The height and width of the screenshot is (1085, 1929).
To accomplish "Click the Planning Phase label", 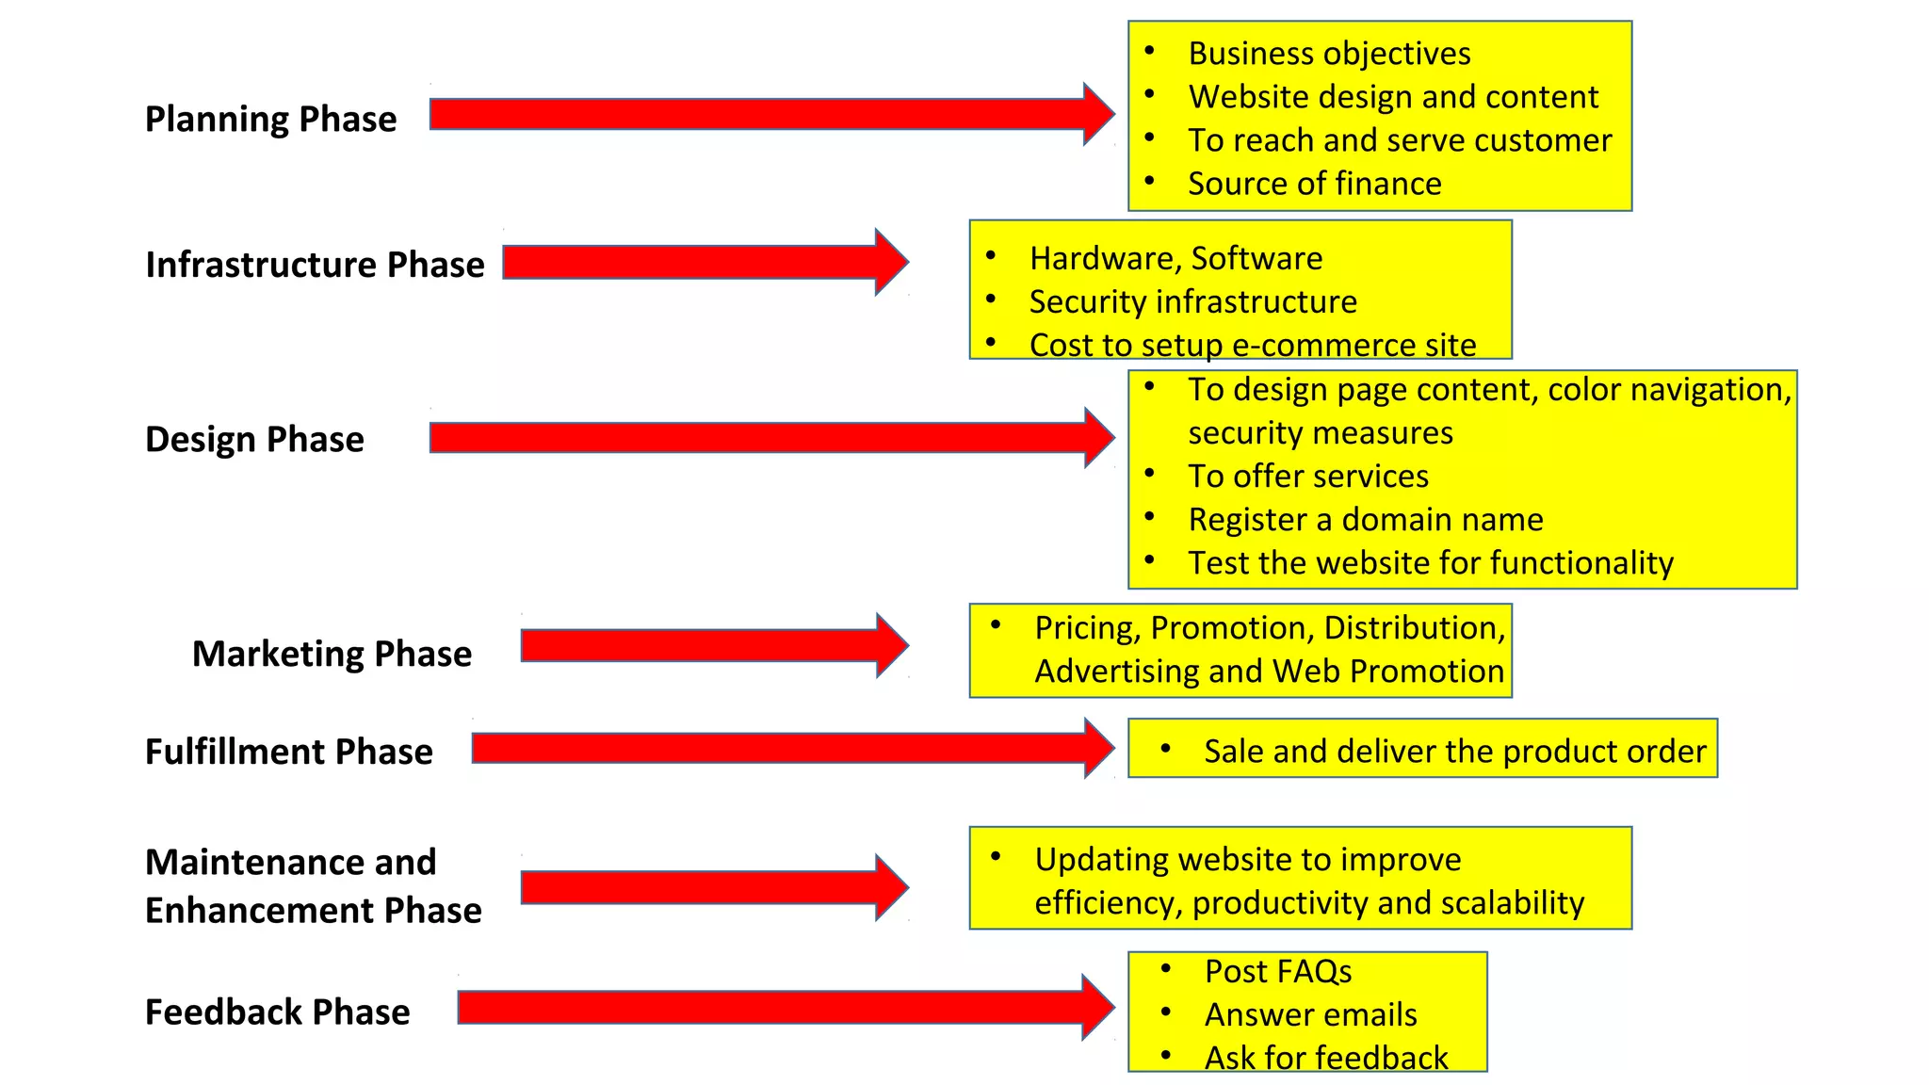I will pyautogui.click(x=270, y=120).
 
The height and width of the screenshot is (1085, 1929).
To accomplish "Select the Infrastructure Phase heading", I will pyautogui.click(x=315, y=265).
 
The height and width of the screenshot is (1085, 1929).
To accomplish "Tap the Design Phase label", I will pyautogui.click(x=254, y=440).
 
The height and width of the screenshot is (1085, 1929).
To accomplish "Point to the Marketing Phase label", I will pyautogui.click(x=332, y=654).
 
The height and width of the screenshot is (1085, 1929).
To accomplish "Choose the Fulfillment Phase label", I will pyautogui.click(x=288, y=752).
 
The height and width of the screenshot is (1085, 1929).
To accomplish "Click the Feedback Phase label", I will pyautogui.click(x=277, y=1012).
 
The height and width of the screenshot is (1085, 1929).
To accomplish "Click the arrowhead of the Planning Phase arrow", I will pyautogui.click(x=1096, y=114).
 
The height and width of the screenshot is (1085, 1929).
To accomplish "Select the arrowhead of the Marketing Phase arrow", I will pyautogui.click(x=890, y=645).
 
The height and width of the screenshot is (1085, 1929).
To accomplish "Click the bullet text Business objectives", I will pyautogui.click(x=1328, y=54).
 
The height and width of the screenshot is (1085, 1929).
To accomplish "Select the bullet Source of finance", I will pyautogui.click(x=1314, y=184).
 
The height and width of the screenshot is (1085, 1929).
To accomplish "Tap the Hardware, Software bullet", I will pyautogui.click(x=1175, y=258).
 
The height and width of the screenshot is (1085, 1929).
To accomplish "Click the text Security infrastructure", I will pyautogui.click(x=1192, y=301).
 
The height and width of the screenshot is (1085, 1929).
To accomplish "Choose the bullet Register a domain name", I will pyautogui.click(x=1365, y=519).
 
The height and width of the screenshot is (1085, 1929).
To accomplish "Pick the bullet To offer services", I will pyautogui.click(x=1307, y=476).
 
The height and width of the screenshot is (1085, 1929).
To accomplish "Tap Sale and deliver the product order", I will pyautogui.click(x=1454, y=751).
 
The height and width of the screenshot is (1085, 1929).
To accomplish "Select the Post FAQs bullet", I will pyautogui.click(x=1277, y=971).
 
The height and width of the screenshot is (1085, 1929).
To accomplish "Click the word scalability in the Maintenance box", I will pyautogui.click(x=1512, y=902).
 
